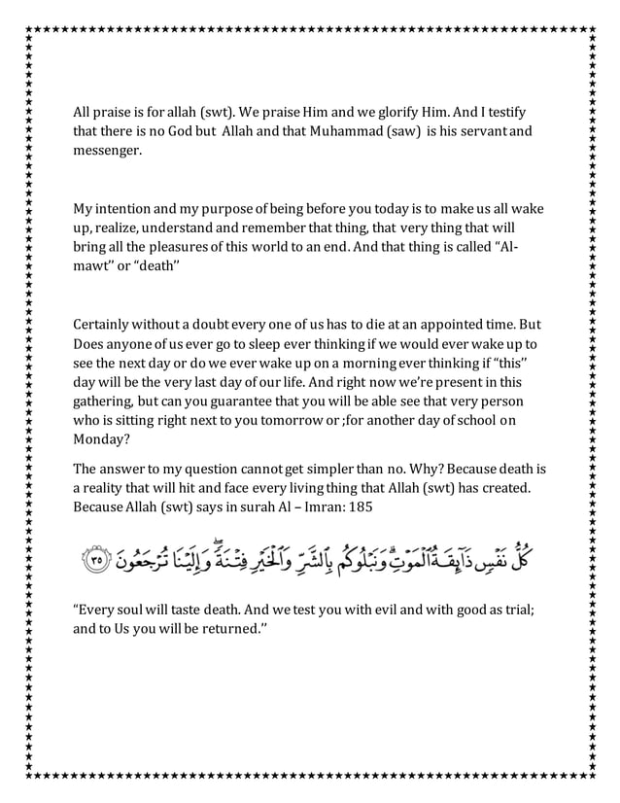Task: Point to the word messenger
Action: coord(107,152)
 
